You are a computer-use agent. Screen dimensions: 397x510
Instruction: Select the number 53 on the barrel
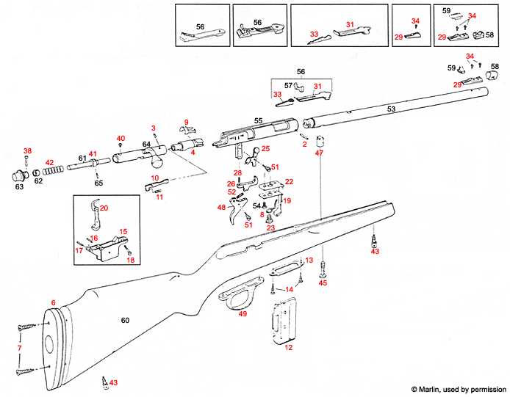coord(391,109)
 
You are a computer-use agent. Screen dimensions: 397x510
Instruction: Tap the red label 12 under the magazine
coord(288,347)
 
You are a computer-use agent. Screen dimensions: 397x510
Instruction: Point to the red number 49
coord(243,314)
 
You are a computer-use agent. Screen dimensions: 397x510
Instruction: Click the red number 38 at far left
coord(27,151)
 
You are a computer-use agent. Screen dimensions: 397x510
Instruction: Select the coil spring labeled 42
coord(50,170)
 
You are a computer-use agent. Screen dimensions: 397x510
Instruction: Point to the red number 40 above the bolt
coord(121,139)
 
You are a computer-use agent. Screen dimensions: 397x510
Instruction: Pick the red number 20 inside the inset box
coord(104,208)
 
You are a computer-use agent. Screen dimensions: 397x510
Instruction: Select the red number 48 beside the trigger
coord(221,208)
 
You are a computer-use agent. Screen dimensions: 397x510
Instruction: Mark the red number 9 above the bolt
coord(187,121)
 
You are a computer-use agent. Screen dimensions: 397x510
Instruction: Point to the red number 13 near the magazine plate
coord(309,261)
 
